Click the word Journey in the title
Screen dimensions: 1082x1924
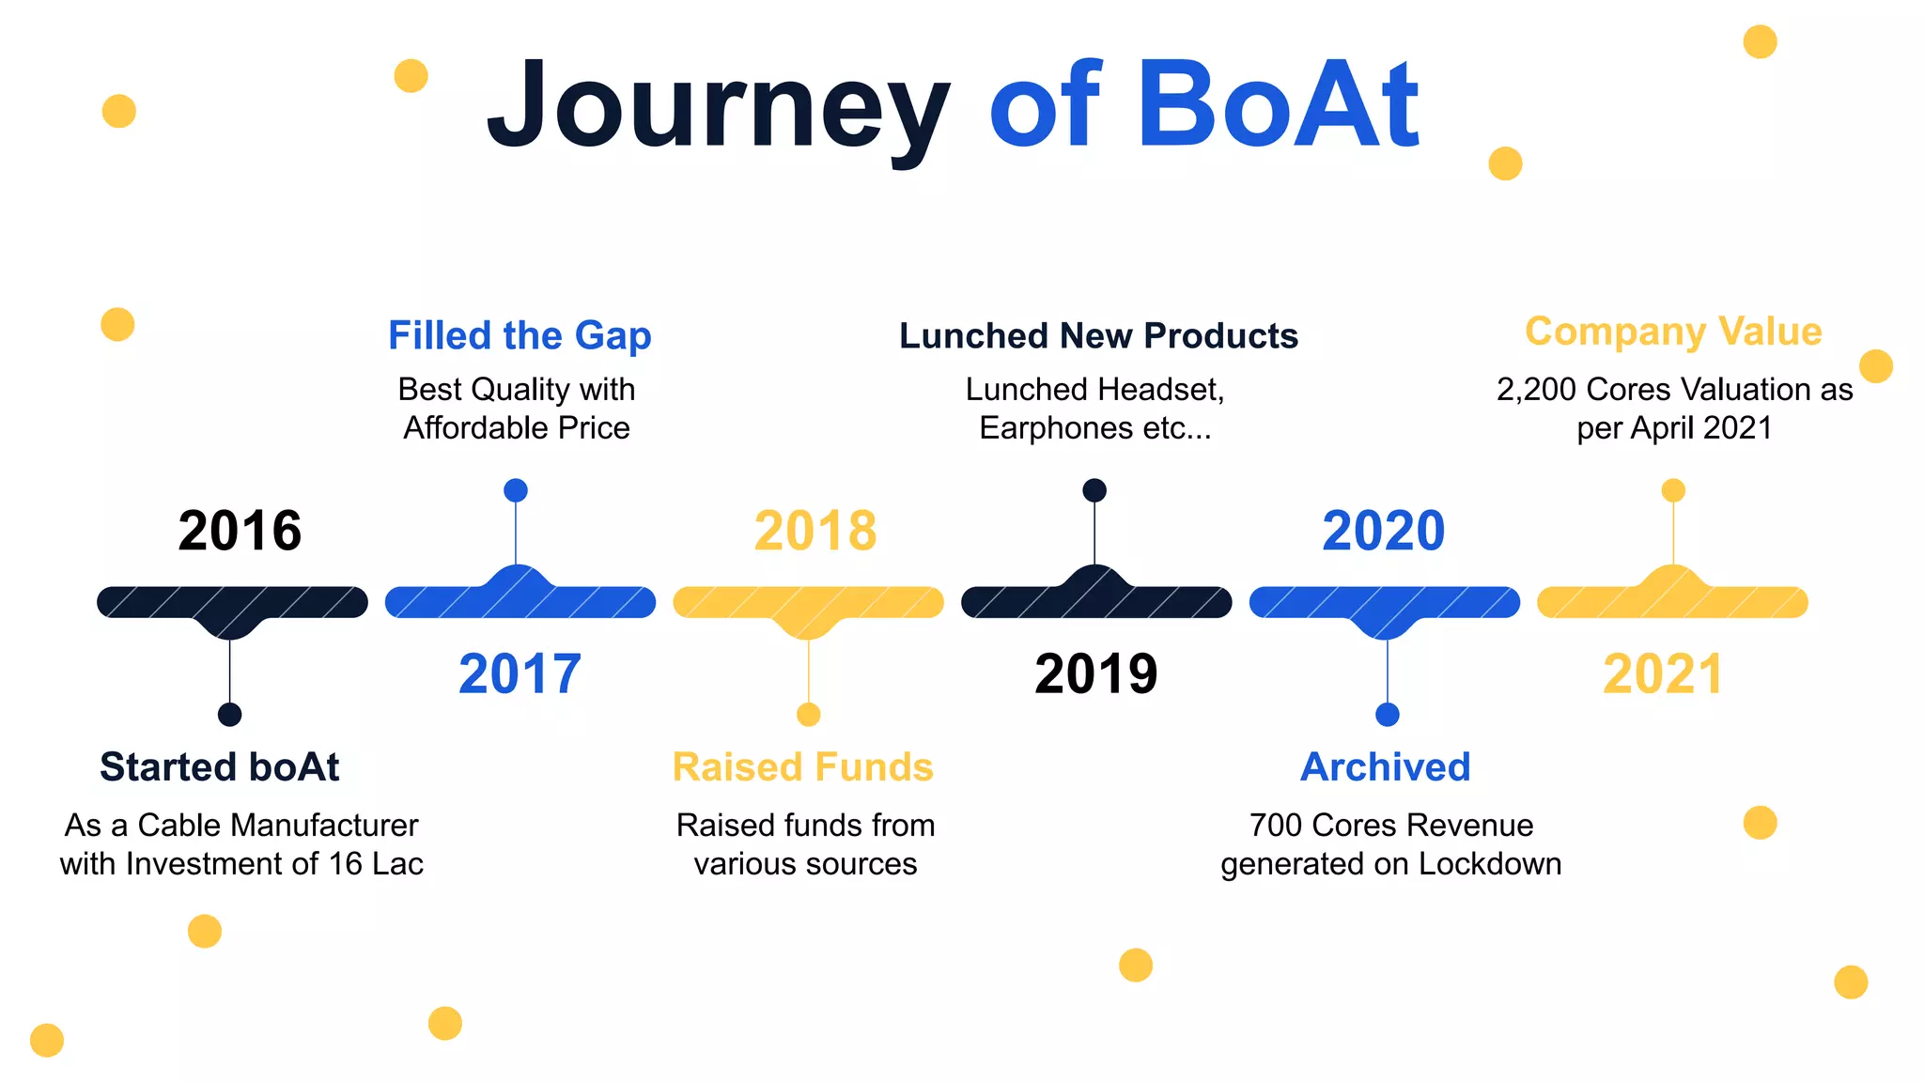(719, 105)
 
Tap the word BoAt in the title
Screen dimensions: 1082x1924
(1278, 105)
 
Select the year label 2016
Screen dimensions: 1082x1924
(240, 531)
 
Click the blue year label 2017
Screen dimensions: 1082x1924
(520, 674)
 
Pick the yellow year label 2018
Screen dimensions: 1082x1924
(815, 531)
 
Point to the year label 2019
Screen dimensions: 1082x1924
(1095, 674)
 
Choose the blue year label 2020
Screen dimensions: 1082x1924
(1383, 531)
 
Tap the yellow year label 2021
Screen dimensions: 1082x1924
(1663, 674)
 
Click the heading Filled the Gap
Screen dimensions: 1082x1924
(520, 335)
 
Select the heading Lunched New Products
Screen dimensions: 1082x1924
(1098, 335)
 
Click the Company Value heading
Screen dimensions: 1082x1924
(1673, 332)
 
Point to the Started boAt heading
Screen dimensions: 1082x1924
(219, 766)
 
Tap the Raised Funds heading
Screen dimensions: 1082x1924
(802, 766)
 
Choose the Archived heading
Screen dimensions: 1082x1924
(1385, 766)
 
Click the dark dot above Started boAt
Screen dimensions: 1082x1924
(229, 715)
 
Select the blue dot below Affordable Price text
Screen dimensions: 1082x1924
(516, 490)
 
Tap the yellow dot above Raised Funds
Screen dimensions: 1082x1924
(808, 715)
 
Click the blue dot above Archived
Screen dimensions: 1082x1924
(1387, 715)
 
